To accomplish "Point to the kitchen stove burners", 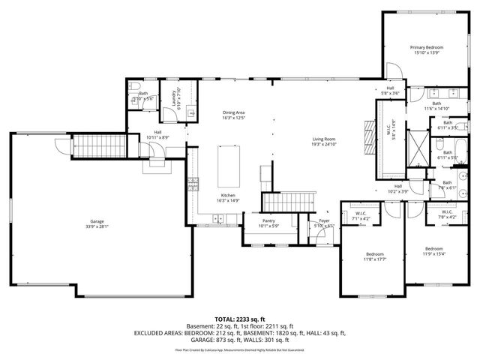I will [193, 182].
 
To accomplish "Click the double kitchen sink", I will [218, 220].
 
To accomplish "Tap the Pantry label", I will [269, 223].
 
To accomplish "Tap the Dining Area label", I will [234, 114].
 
